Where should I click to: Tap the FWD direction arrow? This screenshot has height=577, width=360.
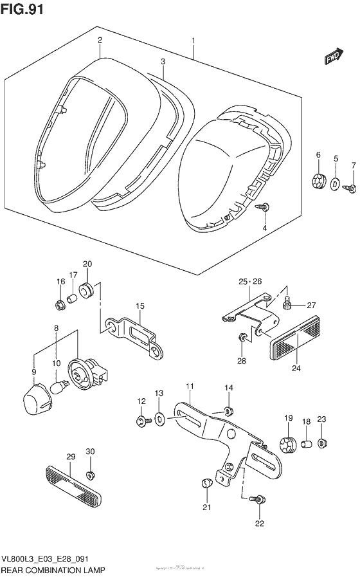332,59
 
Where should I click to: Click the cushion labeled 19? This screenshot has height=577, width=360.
289,445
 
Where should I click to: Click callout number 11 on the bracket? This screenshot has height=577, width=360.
190,386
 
